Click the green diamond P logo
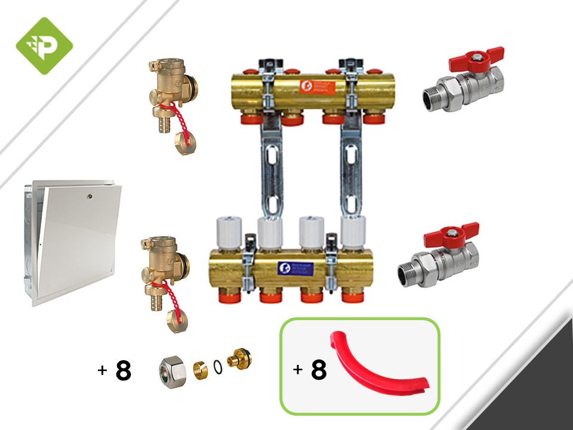44,45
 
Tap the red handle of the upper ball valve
478,59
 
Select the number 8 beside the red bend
319,370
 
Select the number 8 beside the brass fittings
123,370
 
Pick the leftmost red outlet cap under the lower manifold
229,296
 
